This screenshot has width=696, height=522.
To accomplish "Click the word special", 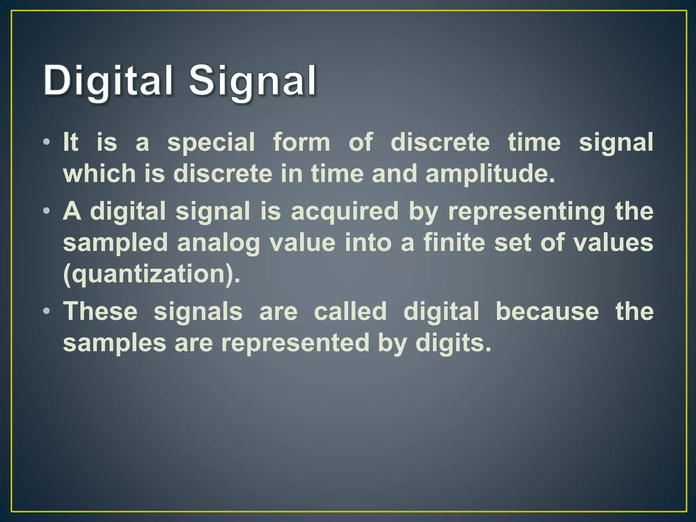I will coord(211,143).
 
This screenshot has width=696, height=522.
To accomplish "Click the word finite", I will coord(454,243).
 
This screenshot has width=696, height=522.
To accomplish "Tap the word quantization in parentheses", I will coord(149,275).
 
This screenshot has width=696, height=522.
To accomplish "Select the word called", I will coord(350,311).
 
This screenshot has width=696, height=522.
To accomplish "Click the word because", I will coord(547,311).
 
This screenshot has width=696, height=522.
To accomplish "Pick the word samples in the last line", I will coord(115,343).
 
